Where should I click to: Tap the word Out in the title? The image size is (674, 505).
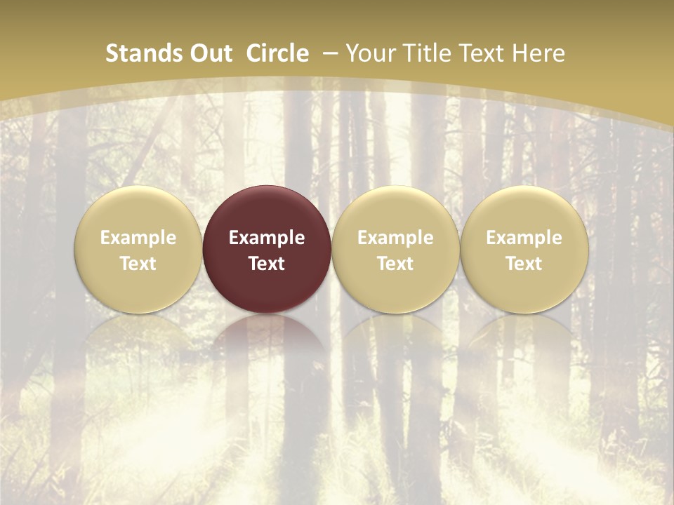pyautogui.click(x=210, y=53)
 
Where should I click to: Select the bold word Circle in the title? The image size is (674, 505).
pyautogui.click(x=277, y=53)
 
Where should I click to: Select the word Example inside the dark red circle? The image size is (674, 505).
pyautogui.click(x=267, y=238)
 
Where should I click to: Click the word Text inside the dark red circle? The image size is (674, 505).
pyautogui.click(x=267, y=264)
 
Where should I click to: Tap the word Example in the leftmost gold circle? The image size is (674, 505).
pyautogui.click(x=138, y=238)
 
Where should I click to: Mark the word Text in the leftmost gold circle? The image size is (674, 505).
pyautogui.click(x=138, y=264)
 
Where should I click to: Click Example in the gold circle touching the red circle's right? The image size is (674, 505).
pyautogui.click(x=395, y=238)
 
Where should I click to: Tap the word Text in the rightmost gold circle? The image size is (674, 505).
pyautogui.click(x=524, y=264)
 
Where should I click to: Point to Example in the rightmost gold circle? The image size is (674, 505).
pyautogui.click(x=524, y=238)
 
